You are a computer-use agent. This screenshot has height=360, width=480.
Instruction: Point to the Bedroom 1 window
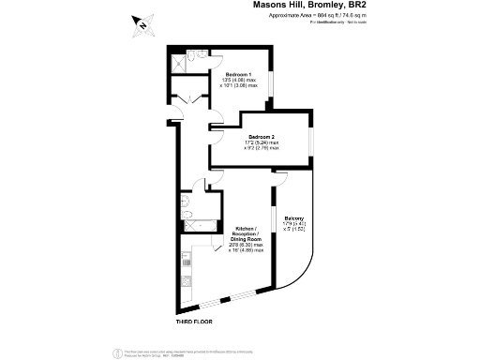click(x=271, y=82)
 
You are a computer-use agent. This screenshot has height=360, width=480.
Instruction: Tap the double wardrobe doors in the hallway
click(x=184, y=100)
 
